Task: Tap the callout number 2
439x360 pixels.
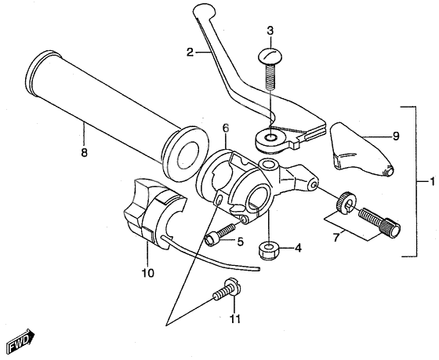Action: (190, 53)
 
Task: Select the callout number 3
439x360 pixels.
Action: (270, 31)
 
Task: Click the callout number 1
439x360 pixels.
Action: (430, 181)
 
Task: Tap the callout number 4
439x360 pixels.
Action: (297, 249)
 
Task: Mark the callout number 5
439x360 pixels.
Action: (241, 242)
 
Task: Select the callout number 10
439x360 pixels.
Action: (148, 274)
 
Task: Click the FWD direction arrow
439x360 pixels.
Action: (16, 342)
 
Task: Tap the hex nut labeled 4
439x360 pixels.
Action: (269, 250)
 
